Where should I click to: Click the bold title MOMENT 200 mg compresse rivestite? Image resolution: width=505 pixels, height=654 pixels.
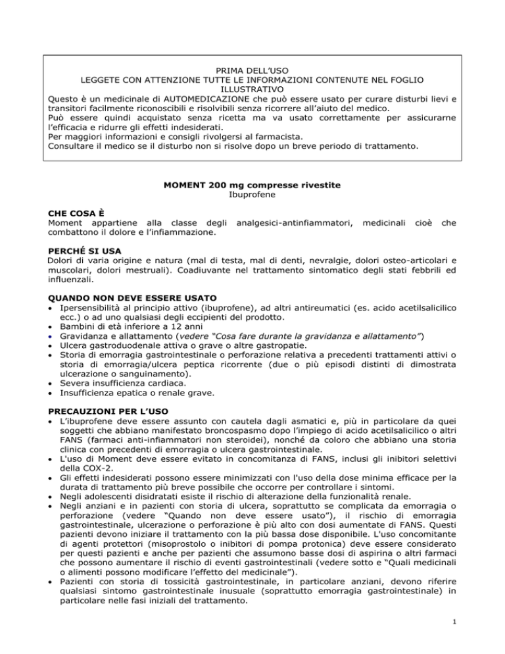[x=252, y=186]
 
